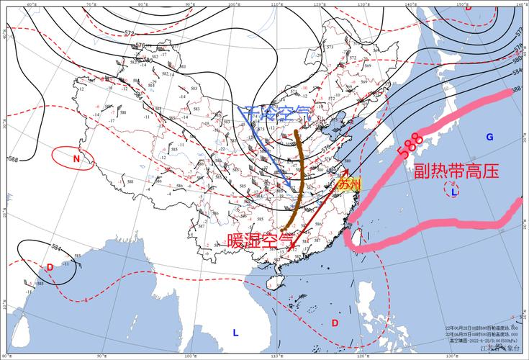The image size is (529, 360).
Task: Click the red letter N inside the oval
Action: [76, 158]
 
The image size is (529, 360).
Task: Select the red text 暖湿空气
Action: [261, 238]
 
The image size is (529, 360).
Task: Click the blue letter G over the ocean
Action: [489, 137]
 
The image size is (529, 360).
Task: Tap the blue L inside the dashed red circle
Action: [453, 192]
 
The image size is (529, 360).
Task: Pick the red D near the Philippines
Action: [335, 323]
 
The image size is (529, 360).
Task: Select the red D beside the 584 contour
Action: [50, 267]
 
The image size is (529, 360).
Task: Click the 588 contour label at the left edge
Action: [12, 159]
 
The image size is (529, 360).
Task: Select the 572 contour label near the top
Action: [130, 33]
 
